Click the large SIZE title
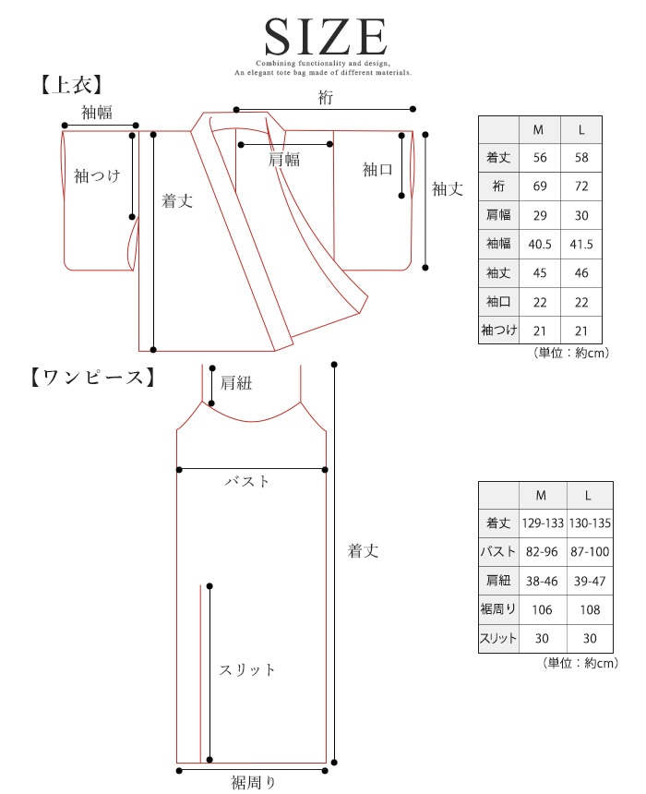pos(324,37)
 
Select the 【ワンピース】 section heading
pos(89,377)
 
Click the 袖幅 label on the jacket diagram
pos(97,113)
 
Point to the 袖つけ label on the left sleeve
pos(97,175)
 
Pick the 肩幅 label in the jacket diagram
pos(284,159)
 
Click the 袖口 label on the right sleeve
pos(377,169)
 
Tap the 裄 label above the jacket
pos(325,98)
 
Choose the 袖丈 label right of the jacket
pos(448,188)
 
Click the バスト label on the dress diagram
pos(248,481)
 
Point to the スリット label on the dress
pos(247,670)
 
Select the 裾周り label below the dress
pos(253,784)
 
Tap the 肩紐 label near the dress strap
pos(236,382)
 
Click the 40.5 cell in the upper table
pos(540,244)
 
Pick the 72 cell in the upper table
pos(582,186)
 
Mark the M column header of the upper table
pos(540,129)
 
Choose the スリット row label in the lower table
pos(498,638)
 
